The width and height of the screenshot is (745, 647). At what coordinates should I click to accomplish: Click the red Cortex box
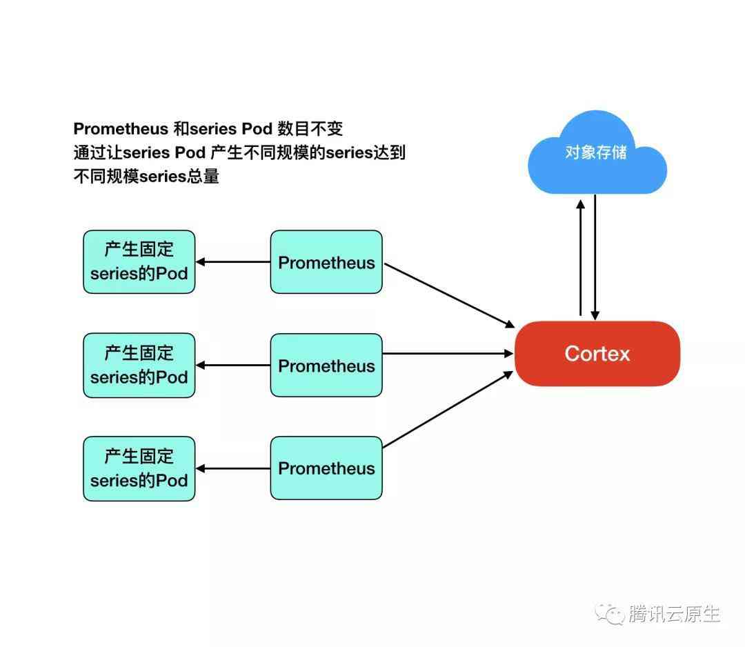point(597,353)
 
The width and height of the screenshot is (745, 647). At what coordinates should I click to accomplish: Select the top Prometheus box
point(326,261)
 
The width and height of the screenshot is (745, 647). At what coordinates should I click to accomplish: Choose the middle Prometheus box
point(326,365)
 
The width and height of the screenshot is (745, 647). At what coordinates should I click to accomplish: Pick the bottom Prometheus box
point(326,468)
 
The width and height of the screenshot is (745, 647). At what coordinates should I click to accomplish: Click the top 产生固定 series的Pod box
point(139,261)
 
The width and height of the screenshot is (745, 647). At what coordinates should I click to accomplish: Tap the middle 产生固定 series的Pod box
point(139,365)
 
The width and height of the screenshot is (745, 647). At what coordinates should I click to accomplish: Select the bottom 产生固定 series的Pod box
point(139,468)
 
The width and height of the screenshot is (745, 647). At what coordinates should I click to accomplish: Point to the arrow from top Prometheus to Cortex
point(450,295)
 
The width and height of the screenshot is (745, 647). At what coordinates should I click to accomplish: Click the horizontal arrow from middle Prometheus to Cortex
point(448,353)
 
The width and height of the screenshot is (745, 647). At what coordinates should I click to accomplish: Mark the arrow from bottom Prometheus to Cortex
point(448,409)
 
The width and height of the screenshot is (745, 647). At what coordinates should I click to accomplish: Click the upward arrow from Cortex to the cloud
point(581,257)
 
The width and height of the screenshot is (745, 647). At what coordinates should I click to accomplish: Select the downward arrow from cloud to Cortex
point(595,257)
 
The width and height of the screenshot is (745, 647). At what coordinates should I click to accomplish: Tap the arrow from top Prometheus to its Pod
point(233,261)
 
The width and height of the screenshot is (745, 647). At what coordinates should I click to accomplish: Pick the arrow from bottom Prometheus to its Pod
point(233,468)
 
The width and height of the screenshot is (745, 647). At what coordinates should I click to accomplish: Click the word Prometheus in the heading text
point(121,129)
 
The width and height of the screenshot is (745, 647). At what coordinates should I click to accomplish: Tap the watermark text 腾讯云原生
point(675,614)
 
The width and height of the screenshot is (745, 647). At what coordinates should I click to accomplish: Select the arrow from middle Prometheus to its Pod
point(233,365)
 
